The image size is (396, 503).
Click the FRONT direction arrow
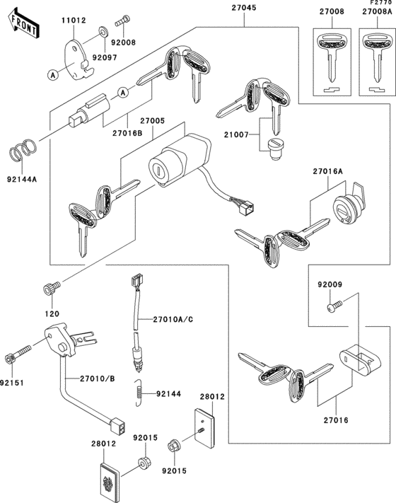[x=21, y=26]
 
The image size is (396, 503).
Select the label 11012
[x=73, y=21]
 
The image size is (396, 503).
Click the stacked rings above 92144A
[x=25, y=150]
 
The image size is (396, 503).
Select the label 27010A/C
[x=173, y=320]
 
